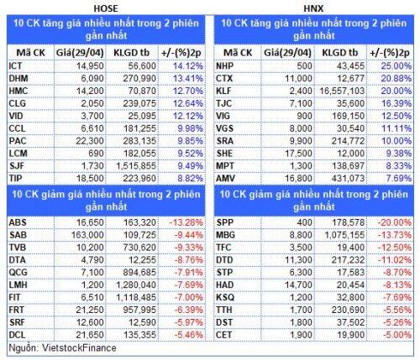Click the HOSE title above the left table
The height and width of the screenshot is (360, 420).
tap(106, 8)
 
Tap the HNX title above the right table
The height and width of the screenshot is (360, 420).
tap(313, 8)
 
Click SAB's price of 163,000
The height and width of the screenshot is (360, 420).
tap(87, 235)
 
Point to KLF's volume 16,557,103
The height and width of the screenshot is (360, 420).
tap(342, 91)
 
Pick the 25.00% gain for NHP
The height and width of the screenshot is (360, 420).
tap(396, 66)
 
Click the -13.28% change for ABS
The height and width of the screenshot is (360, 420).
tap(186, 222)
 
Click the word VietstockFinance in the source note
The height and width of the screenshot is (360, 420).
tap(79, 348)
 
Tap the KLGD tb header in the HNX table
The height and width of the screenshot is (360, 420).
tap(340, 53)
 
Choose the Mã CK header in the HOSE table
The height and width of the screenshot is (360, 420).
tap(30, 53)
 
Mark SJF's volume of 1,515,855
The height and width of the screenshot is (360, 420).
tap(136, 166)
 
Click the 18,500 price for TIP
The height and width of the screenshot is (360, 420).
tap(90, 178)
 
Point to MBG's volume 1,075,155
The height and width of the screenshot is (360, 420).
tap(344, 235)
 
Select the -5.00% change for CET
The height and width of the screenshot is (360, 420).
tap(397, 335)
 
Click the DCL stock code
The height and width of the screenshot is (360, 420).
tap(17, 335)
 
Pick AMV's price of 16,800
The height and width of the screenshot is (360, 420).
tap(298, 178)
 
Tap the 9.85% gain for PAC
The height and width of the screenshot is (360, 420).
tap(191, 141)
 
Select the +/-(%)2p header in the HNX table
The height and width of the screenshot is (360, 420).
tap(390, 53)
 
